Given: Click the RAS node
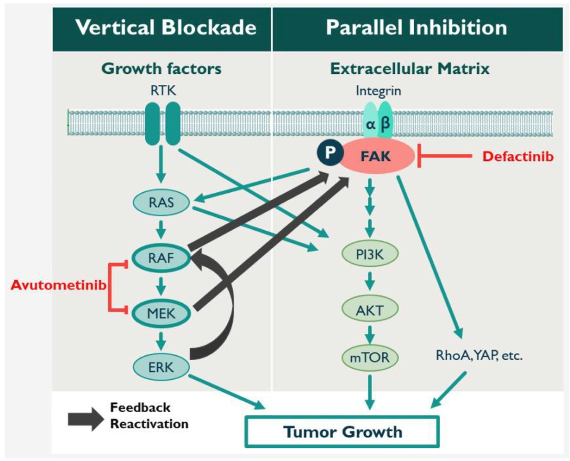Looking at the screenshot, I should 161,203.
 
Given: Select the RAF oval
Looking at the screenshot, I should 161,258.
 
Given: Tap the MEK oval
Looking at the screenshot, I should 161,314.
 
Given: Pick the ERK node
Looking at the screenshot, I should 161,367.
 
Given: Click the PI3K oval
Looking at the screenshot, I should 370,254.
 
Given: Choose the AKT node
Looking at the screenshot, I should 370,310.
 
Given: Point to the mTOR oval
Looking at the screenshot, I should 370,358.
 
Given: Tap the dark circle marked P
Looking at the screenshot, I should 330,152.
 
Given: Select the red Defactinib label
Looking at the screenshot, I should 518,157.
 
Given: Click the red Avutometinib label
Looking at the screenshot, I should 59,285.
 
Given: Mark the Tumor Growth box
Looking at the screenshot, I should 342,432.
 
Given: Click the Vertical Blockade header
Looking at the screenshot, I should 166,28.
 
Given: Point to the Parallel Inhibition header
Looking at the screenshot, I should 416,28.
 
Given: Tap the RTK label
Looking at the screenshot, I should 163,91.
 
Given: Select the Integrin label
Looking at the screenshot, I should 378,91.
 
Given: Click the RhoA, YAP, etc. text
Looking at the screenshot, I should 479,356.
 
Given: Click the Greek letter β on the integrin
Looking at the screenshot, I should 385,124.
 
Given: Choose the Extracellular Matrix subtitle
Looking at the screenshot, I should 410,69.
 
